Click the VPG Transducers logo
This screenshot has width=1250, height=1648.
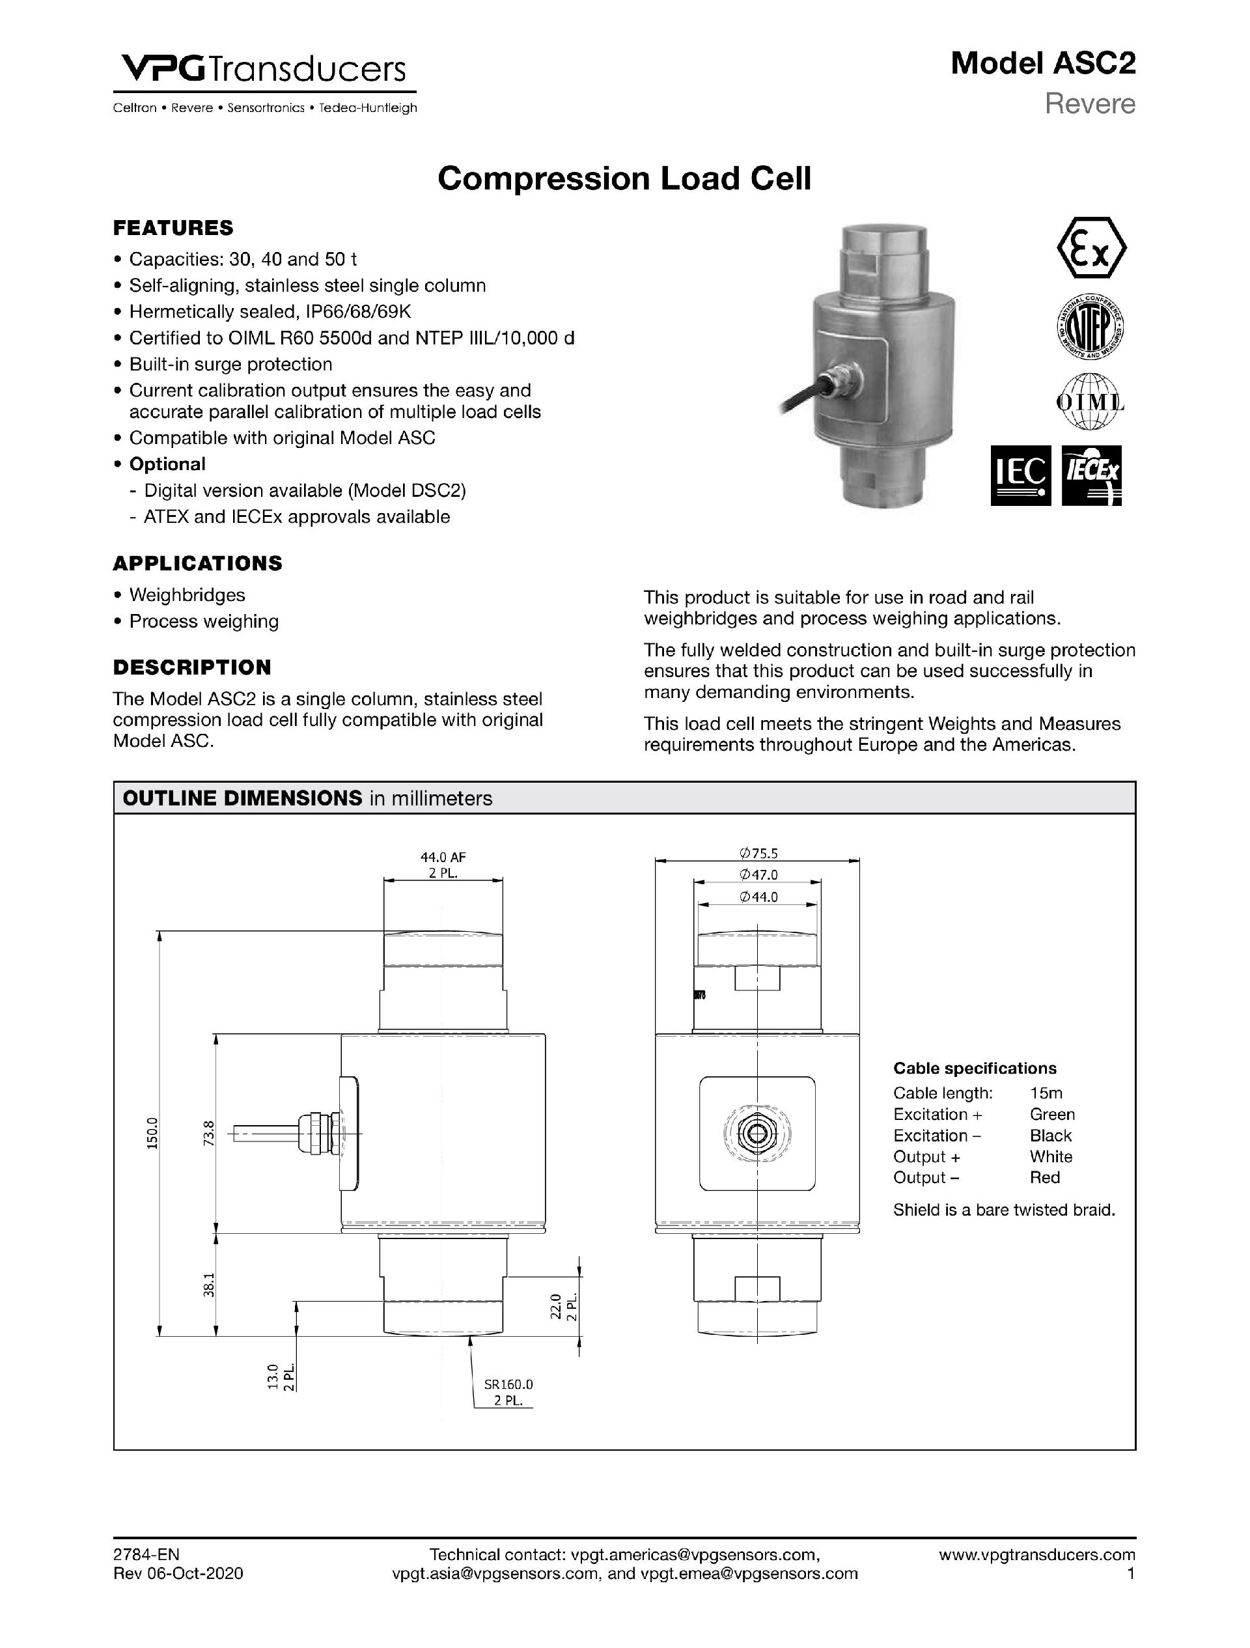click(x=264, y=72)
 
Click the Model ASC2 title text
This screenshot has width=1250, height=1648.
click(x=1042, y=64)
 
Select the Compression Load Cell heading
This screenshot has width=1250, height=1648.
click(x=624, y=179)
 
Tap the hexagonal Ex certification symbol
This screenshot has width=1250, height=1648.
click(x=1091, y=248)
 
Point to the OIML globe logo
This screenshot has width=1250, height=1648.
click(x=1090, y=402)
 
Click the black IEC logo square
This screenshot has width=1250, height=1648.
click(x=1021, y=476)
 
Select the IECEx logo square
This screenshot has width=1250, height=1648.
click(x=1091, y=476)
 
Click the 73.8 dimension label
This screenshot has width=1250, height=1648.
click(x=210, y=1133)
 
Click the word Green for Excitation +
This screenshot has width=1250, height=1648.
click(x=1052, y=1115)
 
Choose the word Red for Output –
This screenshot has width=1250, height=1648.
click(x=1044, y=1177)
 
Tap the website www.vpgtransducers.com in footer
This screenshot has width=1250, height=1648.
click(x=1037, y=1555)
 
